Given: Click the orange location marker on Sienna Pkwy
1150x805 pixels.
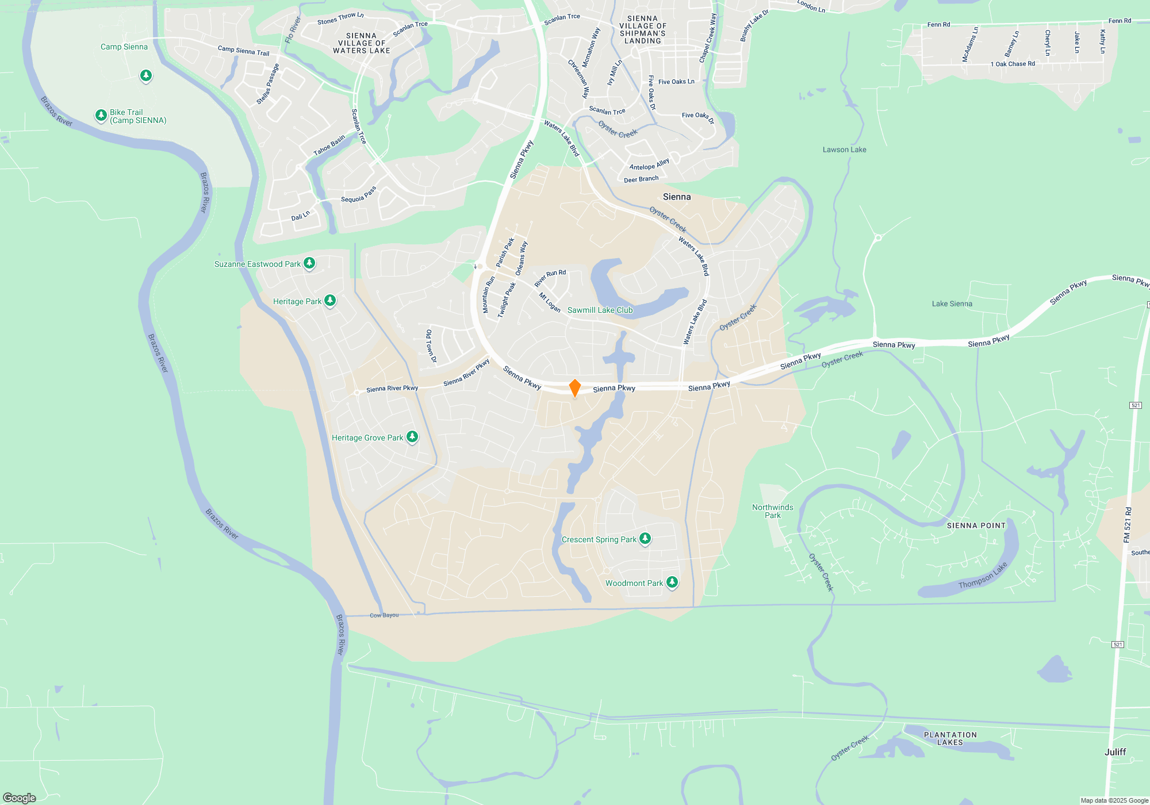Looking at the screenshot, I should [x=574, y=388].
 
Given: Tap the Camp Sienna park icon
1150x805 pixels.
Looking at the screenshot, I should [x=146, y=75].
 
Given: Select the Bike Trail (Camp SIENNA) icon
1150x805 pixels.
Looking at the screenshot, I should [x=101, y=116].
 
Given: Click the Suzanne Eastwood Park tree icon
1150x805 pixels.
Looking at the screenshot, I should [x=309, y=263].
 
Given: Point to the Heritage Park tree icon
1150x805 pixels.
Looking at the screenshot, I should [x=330, y=300].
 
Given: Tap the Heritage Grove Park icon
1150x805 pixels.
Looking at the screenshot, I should [x=412, y=437].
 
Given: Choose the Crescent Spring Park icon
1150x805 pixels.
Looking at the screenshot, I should [x=645, y=539].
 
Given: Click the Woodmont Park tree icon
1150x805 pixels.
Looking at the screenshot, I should [x=672, y=582].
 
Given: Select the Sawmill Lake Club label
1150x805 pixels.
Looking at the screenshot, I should [x=600, y=310].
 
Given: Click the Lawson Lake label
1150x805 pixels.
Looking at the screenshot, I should [x=844, y=149].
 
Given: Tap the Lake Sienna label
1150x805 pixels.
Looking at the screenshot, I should [x=952, y=304].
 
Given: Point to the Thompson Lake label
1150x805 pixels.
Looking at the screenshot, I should [x=983, y=576].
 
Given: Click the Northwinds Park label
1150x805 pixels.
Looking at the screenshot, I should [x=772, y=511].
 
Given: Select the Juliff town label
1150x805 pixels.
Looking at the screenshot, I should [x=1115, y=752].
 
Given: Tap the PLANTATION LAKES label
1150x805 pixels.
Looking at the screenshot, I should [x=950, y=738].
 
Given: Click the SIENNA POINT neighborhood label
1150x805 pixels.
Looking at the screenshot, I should [x=976, y=526].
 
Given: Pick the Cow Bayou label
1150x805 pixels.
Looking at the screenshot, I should [x=384, y=615].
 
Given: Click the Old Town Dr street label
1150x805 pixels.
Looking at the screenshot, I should [x=431, y=346].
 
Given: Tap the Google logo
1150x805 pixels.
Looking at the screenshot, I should [x=20, y=798].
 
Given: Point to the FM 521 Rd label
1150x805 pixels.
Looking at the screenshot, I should [x=1127, y=524].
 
